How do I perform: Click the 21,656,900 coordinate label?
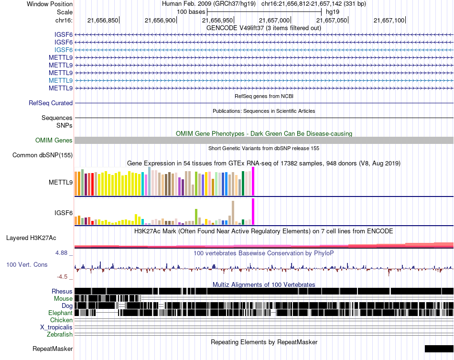pyautogui.click(x=160, y=20)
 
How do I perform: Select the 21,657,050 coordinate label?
pyautogui.click(x=332, y=20)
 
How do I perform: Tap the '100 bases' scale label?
pyautogui.click(x=191, y=12)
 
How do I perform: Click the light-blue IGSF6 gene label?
pyautogui.click(x=64, y=50)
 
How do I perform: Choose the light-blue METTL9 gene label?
pyautogui.click(x=61, y=80)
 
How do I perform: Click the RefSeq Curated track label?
pyautogui.click(x=51, y=103)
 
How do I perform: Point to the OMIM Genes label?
pyautogui.click(x=54, y=141)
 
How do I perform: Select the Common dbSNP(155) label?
pyautogui.click(x=43, y=155)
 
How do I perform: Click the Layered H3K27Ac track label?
pyautogui.click(x=31, y=238)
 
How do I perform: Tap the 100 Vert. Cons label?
pyautogui.click(x=27, y=265)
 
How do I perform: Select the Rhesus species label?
pyautogui.click(x=62, y=291)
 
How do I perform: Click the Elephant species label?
pyautogui.click(x=61, y=313)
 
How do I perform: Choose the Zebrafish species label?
pyautogui.click(x=60, y=335)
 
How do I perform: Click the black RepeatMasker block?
pyautogui.click(x=439, y=349)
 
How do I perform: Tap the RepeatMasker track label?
pyautogui.click(x=53, y=349)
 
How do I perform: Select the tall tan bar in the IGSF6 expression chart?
pyautogui.click(x=233, y=213)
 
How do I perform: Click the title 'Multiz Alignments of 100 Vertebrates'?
pyautogui.click(x=264, y=284)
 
